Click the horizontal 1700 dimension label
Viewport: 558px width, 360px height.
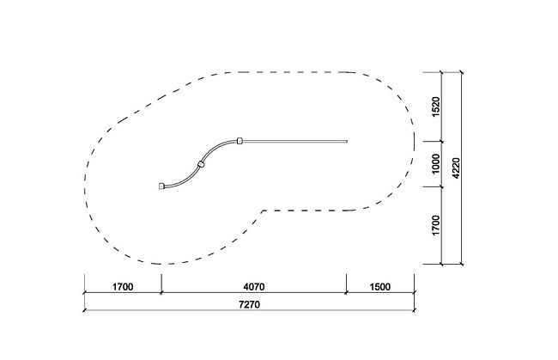coord(123,287)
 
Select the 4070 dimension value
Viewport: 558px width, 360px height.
coord(254,287)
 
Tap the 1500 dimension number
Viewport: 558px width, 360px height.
coord(380,287)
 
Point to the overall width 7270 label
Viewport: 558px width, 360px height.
coord(249,304)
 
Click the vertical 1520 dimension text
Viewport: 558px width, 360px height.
coord(435,107)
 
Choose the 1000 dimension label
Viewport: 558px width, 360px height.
coord(435,164)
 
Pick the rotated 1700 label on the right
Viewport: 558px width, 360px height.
coord(435,225)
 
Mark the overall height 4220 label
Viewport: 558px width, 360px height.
coord(456,168)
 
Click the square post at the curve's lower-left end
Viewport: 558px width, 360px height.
coord(161,186)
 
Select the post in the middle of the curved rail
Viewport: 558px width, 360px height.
coord(201,164)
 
